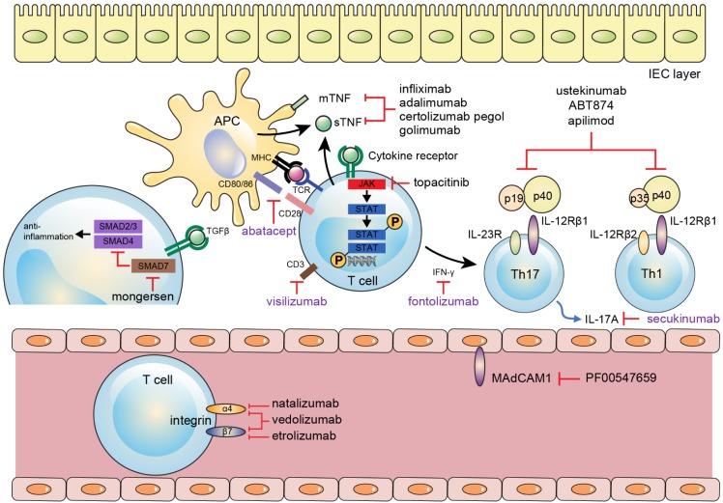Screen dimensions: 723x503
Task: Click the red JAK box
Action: [x=366, y=184]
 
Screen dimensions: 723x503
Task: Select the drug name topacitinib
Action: [x=442, y=182]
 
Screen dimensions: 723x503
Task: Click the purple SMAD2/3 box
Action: [x=118, y=227]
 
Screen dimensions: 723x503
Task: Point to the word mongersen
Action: [x=143, y=296]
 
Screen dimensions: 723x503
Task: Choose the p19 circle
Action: [x=512, y=199]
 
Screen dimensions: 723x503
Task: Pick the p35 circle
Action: [x=639, y=199]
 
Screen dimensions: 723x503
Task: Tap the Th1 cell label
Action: [x=651, y=273]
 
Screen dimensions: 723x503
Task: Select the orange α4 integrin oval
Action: [x=226, y=408]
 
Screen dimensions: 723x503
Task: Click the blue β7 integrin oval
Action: [x=226, y=432]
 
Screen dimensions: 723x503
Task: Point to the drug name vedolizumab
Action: [x=306, y=420]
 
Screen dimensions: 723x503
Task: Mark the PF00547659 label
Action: [x=621, y=378]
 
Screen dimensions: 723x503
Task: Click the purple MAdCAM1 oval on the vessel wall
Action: [x=480, y=366]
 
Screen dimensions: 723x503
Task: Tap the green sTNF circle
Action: [x=323, y=123]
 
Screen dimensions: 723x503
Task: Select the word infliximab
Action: [x=425, y=89]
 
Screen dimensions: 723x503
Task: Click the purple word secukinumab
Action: [x=683, y=320]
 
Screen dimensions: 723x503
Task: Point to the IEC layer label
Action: [x=674, y=73]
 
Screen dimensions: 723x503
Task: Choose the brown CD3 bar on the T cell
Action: [x=307, y=271]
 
